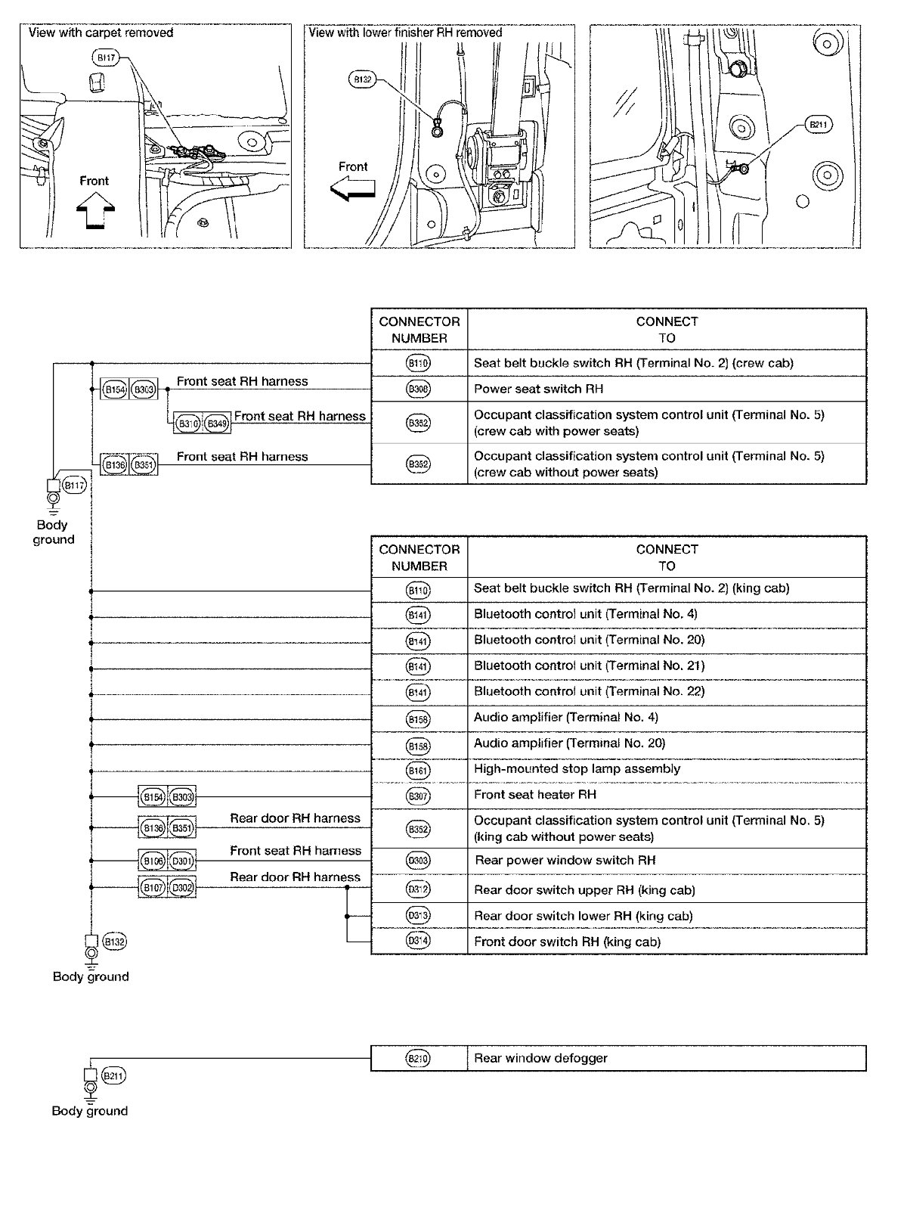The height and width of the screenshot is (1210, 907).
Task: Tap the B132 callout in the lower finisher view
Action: click(x=362, y=79)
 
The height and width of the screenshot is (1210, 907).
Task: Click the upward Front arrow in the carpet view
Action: click(x=95, y=207)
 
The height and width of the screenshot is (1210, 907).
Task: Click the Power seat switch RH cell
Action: click(x=667, y=389)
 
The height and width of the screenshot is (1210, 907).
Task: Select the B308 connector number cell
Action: click(x=419, y=389)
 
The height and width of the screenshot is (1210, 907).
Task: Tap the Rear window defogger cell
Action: click(x=667, y=1058)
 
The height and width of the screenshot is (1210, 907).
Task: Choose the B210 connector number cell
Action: click(x=419, y=1058)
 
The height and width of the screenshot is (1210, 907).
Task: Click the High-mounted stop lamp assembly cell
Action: click(x=667, y=769)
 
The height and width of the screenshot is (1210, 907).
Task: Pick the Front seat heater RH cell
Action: click(x=667, y=795)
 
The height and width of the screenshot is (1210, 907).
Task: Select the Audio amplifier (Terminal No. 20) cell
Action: click(x=667, y=743)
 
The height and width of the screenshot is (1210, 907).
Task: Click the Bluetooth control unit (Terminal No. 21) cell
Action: click(x=667, y=665)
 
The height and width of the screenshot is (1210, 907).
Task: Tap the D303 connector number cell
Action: click(x=419, y=861)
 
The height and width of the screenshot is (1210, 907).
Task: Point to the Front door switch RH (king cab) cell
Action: click(x=667, y=942)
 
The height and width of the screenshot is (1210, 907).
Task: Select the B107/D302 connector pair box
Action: click(x=167, y=888)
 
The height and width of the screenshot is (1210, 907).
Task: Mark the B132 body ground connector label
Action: click(x=114, y=942)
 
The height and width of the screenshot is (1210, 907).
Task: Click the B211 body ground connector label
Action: click(x=113, y=1075)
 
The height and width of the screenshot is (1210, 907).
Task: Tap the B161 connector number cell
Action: click(x=419, y=770)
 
